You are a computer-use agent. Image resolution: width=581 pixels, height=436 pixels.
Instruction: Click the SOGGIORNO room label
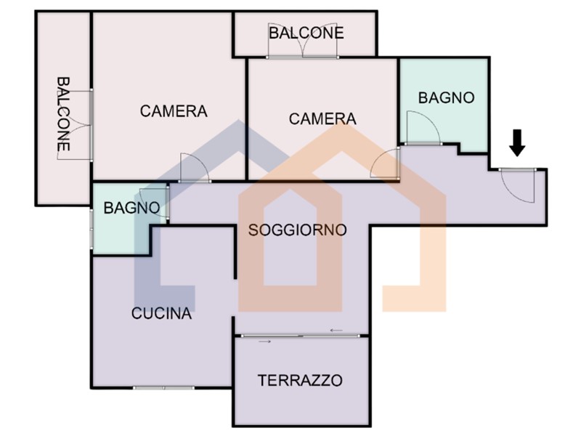297,230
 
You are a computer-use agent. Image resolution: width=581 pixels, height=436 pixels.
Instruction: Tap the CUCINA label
161,314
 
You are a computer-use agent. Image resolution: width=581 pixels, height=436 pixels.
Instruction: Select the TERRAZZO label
300,380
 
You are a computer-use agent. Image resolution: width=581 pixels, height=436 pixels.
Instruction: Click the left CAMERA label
174,111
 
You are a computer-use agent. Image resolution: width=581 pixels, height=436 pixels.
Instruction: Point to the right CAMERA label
322,119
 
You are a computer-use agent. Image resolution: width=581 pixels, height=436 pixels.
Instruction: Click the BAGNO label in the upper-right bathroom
446,98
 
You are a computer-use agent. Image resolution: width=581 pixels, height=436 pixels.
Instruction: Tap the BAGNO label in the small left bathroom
131,208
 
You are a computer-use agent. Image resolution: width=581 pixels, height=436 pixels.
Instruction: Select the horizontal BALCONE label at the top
306,33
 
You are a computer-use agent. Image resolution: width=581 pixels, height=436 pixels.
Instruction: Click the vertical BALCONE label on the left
63,114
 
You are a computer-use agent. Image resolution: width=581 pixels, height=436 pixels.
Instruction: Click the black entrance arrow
517,142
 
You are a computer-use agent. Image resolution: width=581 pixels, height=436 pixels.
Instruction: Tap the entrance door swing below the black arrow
517,185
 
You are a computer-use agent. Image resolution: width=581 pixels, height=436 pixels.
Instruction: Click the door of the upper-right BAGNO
423,127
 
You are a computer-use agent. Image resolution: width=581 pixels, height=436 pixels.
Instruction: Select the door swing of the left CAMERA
195,168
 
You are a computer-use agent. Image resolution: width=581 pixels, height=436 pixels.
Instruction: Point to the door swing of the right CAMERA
385,162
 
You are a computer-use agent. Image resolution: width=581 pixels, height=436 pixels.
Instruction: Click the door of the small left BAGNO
153,202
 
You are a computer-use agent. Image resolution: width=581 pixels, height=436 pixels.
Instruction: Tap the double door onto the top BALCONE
302,45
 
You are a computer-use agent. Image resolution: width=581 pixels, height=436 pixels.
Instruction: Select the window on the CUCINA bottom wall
164,388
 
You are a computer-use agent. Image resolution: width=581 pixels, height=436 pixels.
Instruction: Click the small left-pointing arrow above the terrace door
336,330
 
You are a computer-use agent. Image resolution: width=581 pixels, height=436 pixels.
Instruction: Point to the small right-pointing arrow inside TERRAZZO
264,341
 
